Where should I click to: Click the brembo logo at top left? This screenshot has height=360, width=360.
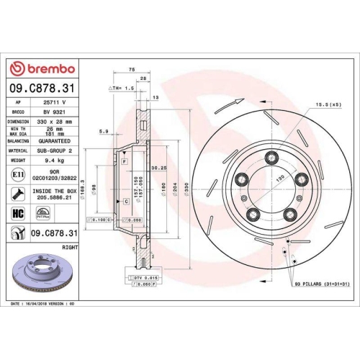point(41,68)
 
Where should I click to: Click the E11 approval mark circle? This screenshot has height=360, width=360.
point(17,175)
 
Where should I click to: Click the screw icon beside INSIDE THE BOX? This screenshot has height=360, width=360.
point(17,193)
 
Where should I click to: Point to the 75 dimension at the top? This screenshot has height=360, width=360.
point(132,70)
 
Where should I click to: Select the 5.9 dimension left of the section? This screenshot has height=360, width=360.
point(104,131)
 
